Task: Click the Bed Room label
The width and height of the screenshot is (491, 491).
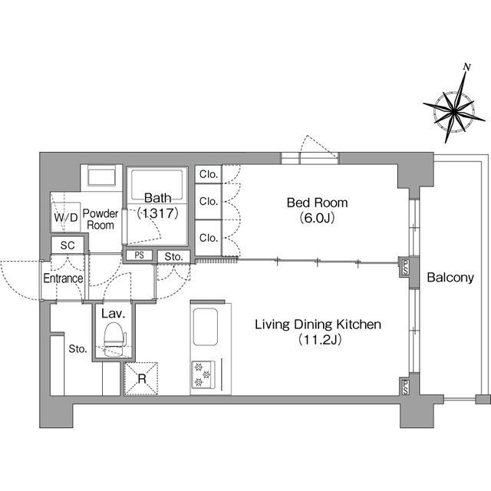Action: tap(317, 203)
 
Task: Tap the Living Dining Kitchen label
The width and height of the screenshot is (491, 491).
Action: tap(318, 325)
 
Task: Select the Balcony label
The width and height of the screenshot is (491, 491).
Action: tap(450, 278)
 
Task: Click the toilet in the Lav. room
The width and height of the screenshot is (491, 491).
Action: tap(114, 340)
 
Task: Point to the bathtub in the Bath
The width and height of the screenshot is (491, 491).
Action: tap(157, 184)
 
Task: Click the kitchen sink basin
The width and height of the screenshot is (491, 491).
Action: tap(206, 327)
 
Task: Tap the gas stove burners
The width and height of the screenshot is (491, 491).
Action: tap(203, 374)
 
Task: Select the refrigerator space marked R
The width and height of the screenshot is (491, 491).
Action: tap(141, 379)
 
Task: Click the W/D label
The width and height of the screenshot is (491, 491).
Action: tap(66, 217)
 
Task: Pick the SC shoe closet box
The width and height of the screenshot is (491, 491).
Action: tap(68, 245)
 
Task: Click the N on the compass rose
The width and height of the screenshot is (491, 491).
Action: tap(467, 67)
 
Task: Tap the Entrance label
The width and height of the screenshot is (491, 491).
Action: tap(63, 278)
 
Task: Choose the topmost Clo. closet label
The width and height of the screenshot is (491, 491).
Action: tap(209, 174)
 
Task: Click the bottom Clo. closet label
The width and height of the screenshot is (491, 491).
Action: tap(209, 238)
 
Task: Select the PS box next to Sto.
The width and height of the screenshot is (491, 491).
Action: tap(140, 255)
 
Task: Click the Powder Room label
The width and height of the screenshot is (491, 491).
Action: tap(101, 219)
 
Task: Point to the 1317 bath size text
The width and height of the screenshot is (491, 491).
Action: tap(158, 213)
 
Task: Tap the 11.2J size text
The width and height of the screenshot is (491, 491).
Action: tap(319, 339)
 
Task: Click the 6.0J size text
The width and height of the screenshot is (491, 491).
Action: tap(317, 218)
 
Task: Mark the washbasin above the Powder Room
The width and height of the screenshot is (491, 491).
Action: tap(101, 177)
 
